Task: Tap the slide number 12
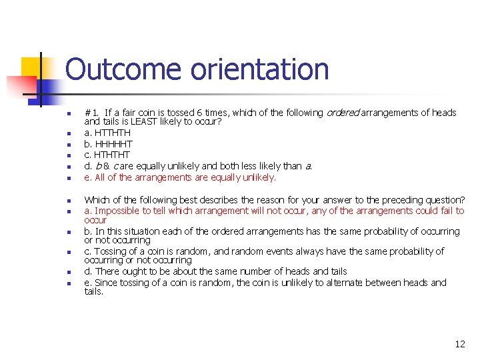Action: pos(460,344)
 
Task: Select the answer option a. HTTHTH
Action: pos(107,133)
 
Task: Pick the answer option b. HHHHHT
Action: pos(108,143)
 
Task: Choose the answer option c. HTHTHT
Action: pos(107,155)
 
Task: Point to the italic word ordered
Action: pos(341,113)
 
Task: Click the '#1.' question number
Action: pos(92,113)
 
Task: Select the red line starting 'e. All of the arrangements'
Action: pos(180,177)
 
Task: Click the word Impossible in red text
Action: pos(115,211)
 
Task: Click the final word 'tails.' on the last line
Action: pos(94,291)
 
